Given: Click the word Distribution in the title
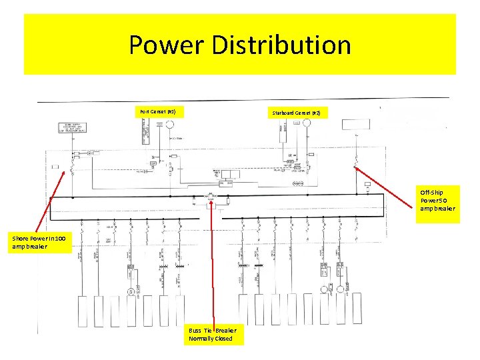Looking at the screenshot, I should [281, 45].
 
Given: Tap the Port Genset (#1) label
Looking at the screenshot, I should [158, 111].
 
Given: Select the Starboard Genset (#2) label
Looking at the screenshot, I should [296, 113].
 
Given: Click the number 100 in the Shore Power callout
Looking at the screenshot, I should [59, 238].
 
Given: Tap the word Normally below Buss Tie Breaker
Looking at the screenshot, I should [201, 339].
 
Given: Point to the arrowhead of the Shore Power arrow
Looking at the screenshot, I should [66, 171].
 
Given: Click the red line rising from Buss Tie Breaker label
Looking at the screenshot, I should [213, 267].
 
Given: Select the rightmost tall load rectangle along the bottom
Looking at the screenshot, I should [358, 311].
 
